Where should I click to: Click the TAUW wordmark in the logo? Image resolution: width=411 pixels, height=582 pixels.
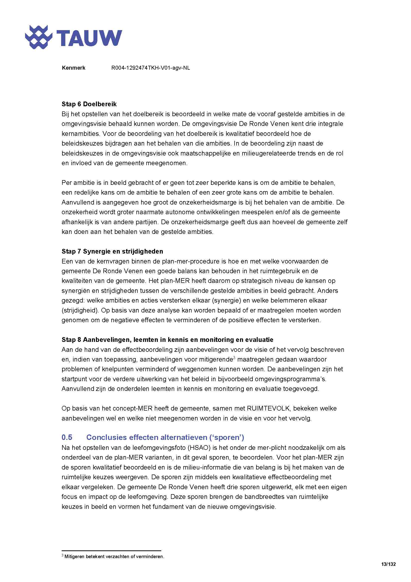pos(89,38)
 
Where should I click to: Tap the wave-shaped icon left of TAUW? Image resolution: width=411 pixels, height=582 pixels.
pos(39,37)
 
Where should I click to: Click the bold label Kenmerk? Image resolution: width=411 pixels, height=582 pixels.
pos(73,68)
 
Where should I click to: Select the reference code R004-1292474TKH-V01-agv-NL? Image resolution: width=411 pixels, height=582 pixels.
pos(151,68)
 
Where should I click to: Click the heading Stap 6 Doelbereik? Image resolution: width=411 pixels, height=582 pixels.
pos(89,104)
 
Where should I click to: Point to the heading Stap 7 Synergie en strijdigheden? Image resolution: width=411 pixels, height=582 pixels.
pos(112,251)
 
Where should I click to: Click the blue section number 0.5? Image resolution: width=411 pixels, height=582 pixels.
pos(67,437)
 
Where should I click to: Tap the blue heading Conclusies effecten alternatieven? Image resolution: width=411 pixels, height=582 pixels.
pos(165,437)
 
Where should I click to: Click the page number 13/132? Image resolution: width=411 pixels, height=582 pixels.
pos(388,564)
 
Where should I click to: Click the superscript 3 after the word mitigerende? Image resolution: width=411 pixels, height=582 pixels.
pos(234,358)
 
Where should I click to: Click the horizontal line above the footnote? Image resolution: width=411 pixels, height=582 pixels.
pos(111,551)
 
